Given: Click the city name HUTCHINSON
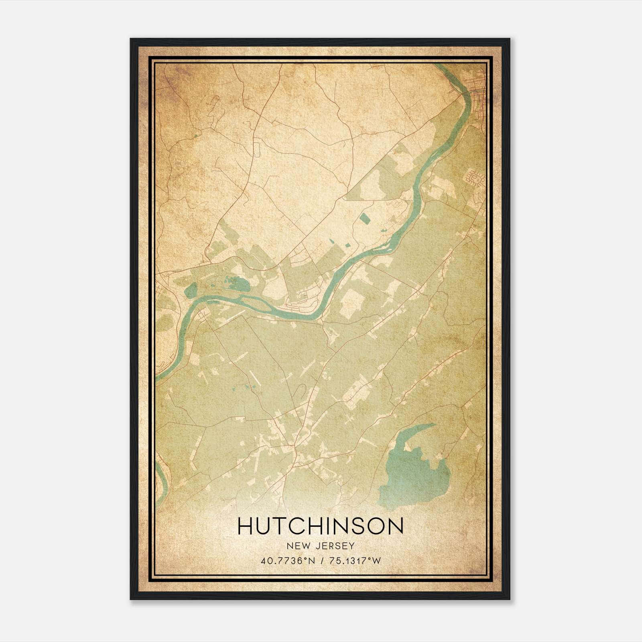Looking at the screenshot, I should (x=320, y=526).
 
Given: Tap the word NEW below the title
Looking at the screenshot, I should (x=298, y=546).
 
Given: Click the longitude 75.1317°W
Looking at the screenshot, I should (x=354, y=561).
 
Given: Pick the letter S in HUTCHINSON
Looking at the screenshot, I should (x=360, y=526).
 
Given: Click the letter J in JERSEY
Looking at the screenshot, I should (x=315, y=546).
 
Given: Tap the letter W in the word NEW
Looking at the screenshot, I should (x=305, y=546).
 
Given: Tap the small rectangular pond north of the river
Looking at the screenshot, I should (x=365, y=219).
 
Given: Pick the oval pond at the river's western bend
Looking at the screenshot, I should (x=191, y=290).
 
